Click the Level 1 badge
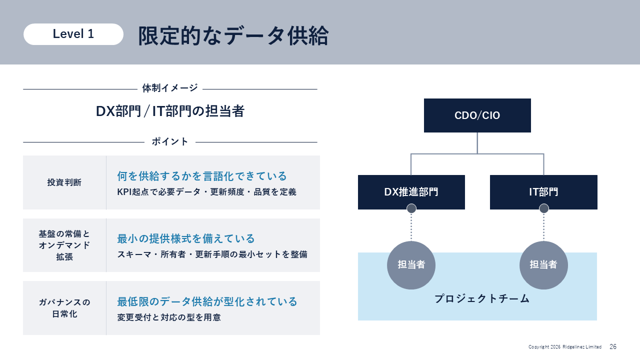pos(73,34)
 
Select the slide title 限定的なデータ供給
pos(233,35)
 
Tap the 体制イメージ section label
pos(170,88)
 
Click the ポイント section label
pos(170,141)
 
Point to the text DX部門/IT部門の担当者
pos(170,111)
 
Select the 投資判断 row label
pos(64,182)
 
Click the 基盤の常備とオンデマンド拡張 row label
pos(64,245)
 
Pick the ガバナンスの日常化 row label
pos(64,308)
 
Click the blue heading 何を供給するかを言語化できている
pos(201,176)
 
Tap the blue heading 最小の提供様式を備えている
pos(185,238)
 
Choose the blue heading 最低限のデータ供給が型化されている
pos(207,301)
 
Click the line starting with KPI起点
pos(206,191)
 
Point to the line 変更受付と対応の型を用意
pos(169,317)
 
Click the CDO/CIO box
pos(477,115)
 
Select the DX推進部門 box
pos(411,192)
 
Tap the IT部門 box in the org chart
pos(543,192)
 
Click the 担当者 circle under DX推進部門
pos(411,265)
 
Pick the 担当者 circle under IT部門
pos(543,265)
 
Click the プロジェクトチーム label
pos(482,299)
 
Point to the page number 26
pos(613,346)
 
